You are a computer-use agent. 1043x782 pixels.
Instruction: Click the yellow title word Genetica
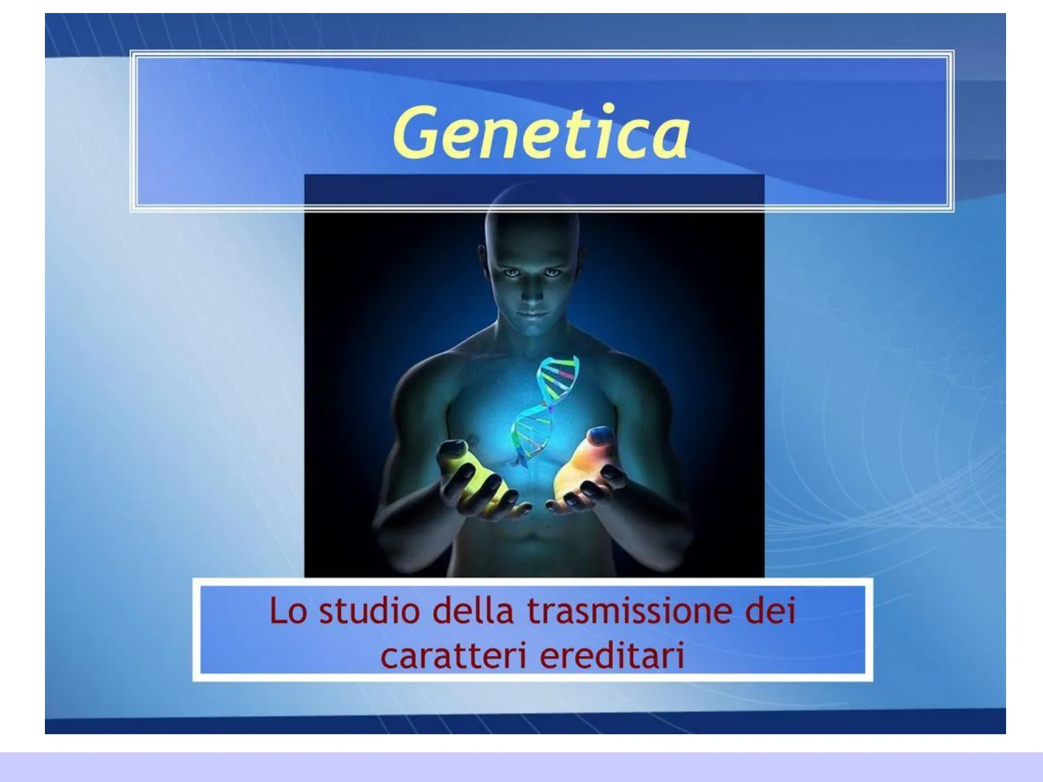[541, 132]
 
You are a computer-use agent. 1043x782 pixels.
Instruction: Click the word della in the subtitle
[474, 610]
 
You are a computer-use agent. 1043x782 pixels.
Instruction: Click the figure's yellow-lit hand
[477, 479]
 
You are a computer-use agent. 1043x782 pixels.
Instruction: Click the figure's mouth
[532, 314]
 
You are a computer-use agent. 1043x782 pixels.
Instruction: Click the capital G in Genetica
[415, 133]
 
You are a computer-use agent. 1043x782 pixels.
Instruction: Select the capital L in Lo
[278, 610]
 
